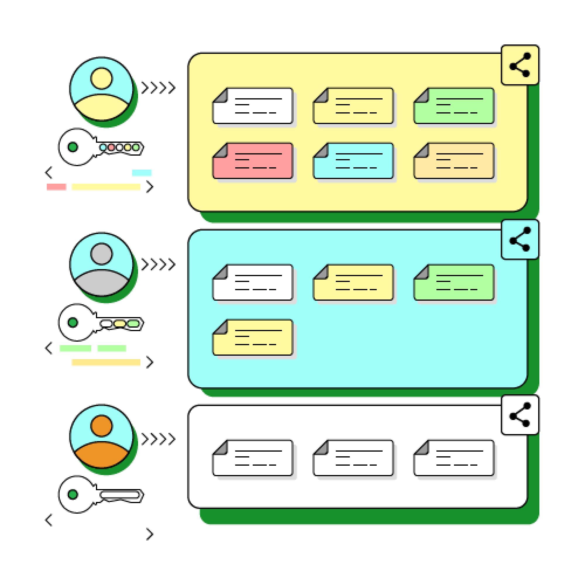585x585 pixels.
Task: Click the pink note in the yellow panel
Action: pyautogui.click(x=253, y=161)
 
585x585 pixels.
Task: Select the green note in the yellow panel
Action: pyautogui.click(x=454, y=106)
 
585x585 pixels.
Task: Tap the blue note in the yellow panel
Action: pyautogui.click(x=353, y=161)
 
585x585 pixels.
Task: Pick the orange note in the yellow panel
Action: pyautogui.click(x=454, y=161)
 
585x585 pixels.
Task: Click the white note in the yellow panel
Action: pyautogui.click(x=253, y=106)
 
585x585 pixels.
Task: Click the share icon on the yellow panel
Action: pyautogui.click(x=519, y=65)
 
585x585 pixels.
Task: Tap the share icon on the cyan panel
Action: pyautogui.click(x=519, y=240)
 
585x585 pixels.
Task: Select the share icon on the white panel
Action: pyautogui.click(x=519, y=414)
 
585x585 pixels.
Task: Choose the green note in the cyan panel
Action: pyautogui.click(x=454, y=282)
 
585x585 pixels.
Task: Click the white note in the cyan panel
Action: pyautogui.click(x=253, y=282)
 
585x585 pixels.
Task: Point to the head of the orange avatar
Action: pyautogui.click(x=101, y=426)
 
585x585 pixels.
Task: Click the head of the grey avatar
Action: pyautogui.click(x=101, y=254)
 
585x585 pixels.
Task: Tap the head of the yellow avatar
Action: pyautogui.click(x=101, y=78)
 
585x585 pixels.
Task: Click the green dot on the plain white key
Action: pyautogui.click(x=73, y=494)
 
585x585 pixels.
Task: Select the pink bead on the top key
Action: pyautogui.click(x=111, y=147)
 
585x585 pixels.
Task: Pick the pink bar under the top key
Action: pyautogui.click(x=57, y=187)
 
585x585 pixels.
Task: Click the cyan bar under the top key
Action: pyautogui.click(x=142, y=173)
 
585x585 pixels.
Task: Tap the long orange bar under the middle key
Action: pyautogui.click(x=106, y=362)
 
